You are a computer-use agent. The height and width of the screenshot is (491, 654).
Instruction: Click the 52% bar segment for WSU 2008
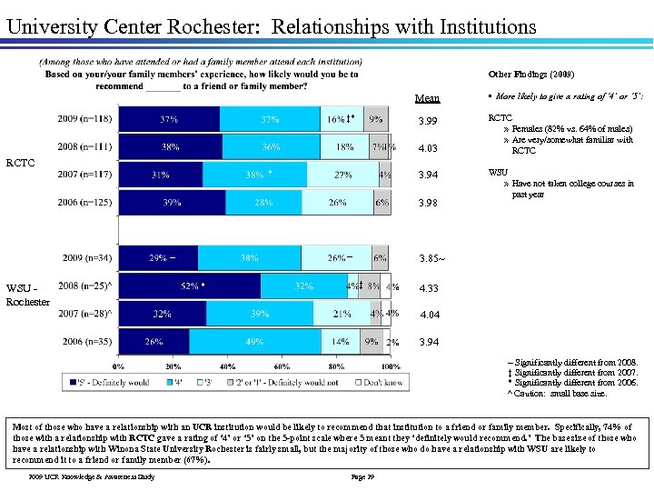192,286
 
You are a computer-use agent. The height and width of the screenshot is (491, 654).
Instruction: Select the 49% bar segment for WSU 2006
253,342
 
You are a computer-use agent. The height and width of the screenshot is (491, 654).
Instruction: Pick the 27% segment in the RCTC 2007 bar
342,175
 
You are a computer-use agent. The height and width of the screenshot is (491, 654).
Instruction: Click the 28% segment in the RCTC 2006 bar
263,203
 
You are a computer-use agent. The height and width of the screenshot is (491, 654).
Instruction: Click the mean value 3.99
427,121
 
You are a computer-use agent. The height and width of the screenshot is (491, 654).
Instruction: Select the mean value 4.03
427,148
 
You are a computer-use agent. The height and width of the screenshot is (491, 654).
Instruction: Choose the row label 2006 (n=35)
90,342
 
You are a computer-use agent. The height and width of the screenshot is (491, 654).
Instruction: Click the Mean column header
427,98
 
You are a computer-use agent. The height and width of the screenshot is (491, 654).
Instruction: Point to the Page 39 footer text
362,476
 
